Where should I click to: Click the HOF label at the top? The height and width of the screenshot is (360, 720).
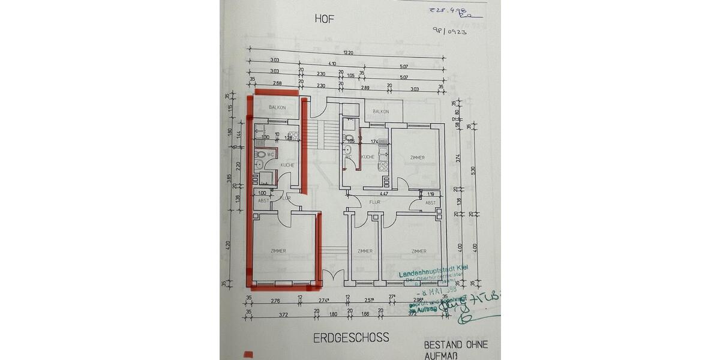pyautogui.click(x=324, y=19)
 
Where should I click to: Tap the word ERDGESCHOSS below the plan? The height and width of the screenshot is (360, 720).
pyautogui.click(x=351, y=337)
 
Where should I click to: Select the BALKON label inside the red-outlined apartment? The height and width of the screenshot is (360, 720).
pyautogui.click(x=277, y=107)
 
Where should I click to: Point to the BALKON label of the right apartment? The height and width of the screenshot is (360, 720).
pyautogui.click(x=380, y=112)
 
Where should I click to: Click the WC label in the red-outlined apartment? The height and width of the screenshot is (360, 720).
pyautogui.click(x=271, y=154)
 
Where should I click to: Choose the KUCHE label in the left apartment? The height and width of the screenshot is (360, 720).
pyautogui.click(x=287, y=165)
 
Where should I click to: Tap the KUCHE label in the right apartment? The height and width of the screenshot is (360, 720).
pyautogui.click(x=367, y=157)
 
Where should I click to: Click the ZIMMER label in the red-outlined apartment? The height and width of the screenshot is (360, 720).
pyautogui.click(x=278, y=251)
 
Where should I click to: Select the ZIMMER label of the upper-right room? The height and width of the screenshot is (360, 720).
pyautogui.click(x=417, y=158)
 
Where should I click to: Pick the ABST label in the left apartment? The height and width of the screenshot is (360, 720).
pyautogui.click(x=263, y=201)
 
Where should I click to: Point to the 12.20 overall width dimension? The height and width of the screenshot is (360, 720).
pyautogui.click(x=347, y=53)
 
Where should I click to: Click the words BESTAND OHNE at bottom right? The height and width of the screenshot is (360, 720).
pyautogui.click(x=455, y=345)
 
